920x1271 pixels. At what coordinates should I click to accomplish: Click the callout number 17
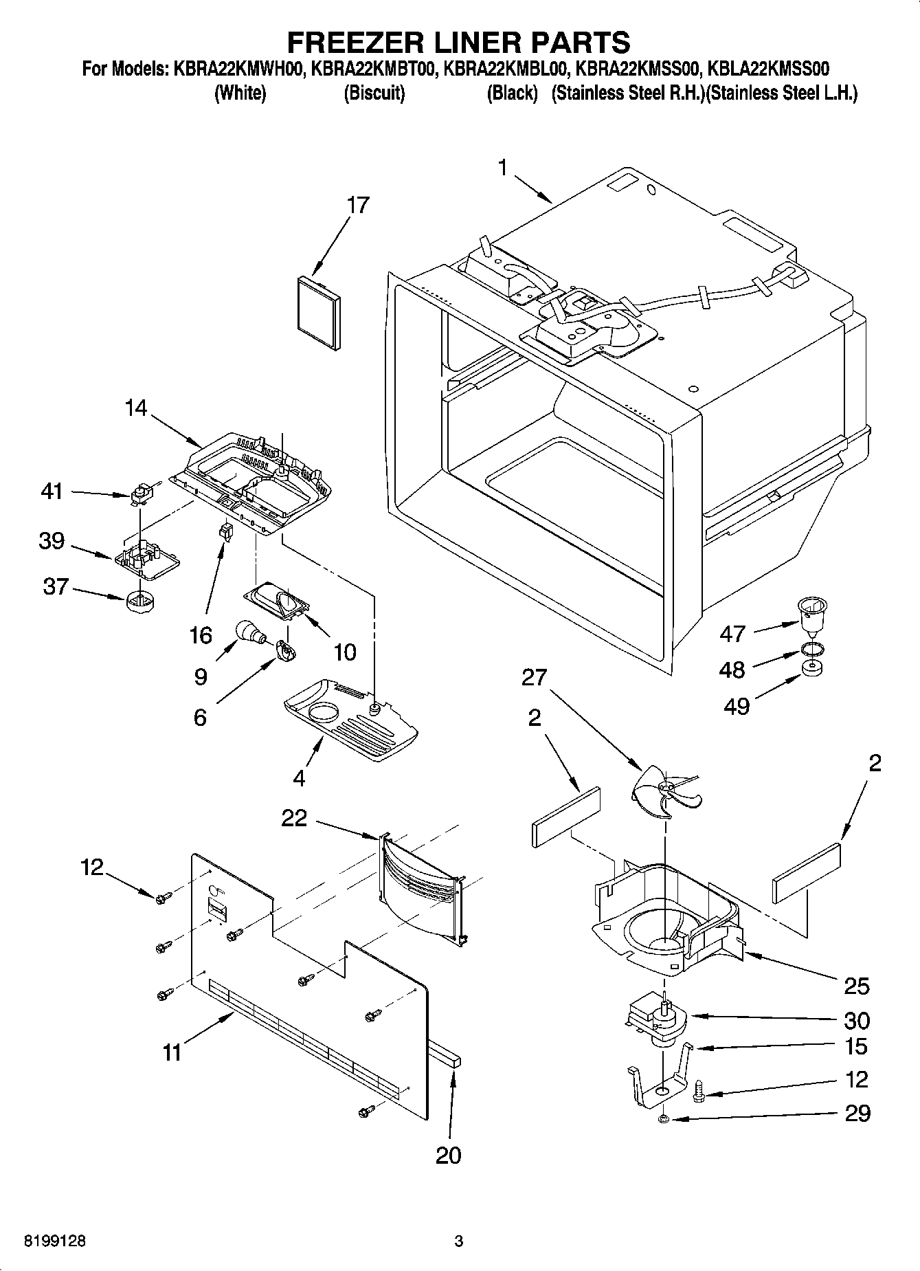coord(358,205)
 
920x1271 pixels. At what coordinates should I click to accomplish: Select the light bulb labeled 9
coord(248,631)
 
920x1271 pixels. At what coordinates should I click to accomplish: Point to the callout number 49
coord(736,706)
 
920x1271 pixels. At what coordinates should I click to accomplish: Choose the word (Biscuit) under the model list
coord(374,93)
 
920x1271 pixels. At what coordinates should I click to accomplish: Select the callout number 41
coord(52,491)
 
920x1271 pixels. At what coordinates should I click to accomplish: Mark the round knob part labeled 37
coord(139,603)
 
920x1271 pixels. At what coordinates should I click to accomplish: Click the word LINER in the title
coord(458,43)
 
